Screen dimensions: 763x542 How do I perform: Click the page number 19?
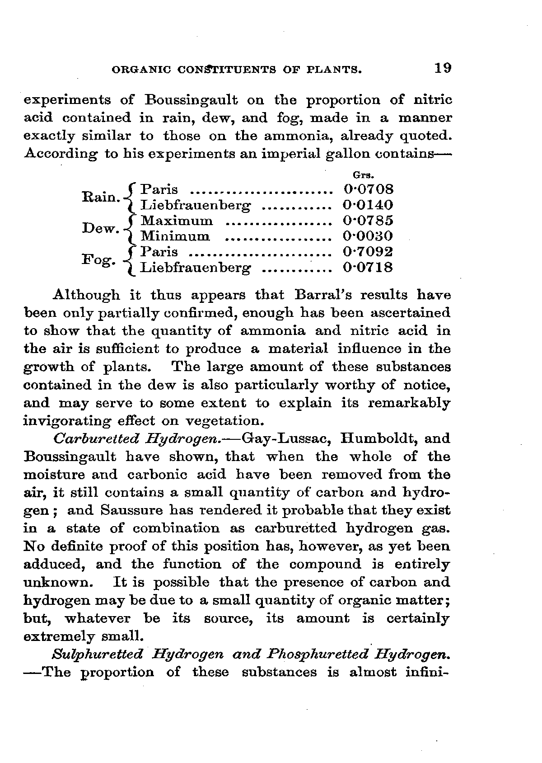pos(442,68)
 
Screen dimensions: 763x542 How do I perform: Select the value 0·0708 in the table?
pos(368,189)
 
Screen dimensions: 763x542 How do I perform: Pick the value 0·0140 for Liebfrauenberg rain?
pos(368,205)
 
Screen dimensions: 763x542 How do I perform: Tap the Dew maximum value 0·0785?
pos(368,221)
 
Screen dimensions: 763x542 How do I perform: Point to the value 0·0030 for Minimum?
pos(368,236)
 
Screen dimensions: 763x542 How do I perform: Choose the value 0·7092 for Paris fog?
pos(368,252)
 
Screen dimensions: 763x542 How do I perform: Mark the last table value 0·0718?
pos(368,268)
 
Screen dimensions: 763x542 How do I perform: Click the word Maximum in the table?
pos(177,221)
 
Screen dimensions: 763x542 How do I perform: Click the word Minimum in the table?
pos(175,236)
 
